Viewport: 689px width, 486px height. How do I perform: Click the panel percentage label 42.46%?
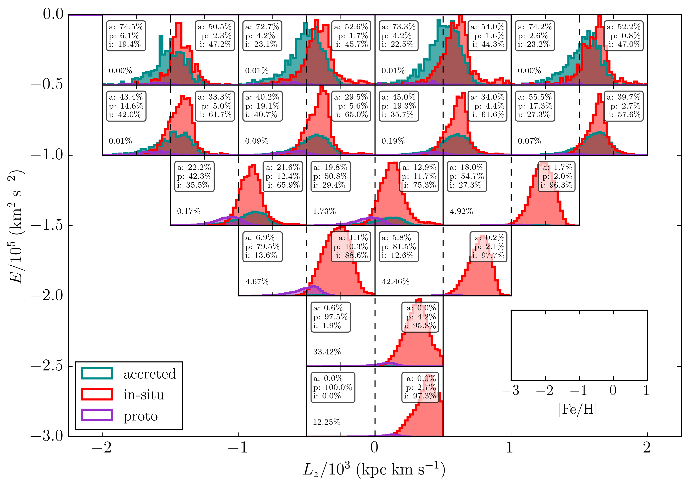395,282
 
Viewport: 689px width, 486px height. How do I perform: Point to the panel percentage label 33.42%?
327,352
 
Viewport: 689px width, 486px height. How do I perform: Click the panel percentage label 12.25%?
326,422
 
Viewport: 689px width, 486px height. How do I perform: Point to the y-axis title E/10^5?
17,227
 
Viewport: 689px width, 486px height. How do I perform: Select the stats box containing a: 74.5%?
126,36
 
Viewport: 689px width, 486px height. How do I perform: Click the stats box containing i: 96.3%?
556,176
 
